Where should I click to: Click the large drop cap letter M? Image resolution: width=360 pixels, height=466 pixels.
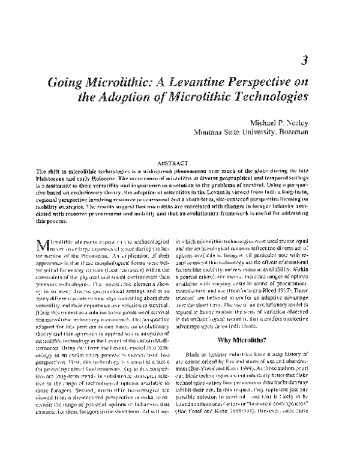click(40, 246)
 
